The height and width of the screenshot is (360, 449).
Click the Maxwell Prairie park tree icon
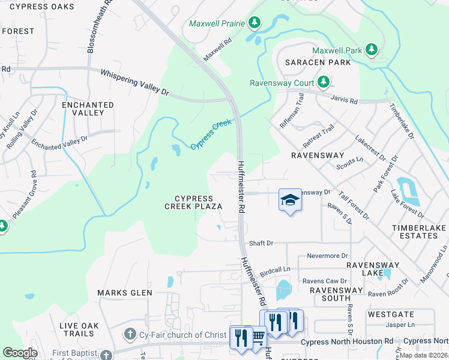tap(255, 23)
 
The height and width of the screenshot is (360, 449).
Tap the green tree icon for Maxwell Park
tap(372, 50)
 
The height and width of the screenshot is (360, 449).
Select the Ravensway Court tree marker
tap(324, 82)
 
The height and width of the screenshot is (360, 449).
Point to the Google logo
tap(20, 353)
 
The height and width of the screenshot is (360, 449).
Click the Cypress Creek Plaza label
tap(193, 202)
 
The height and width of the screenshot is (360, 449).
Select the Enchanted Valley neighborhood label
tap(88, 109)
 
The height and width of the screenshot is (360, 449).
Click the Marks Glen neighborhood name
tap(125, 293)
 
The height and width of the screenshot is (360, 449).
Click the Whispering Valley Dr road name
tap(134, 82)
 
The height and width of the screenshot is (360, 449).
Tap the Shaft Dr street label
tap(261, 243)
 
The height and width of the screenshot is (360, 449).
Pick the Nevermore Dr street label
tap(327, 256)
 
